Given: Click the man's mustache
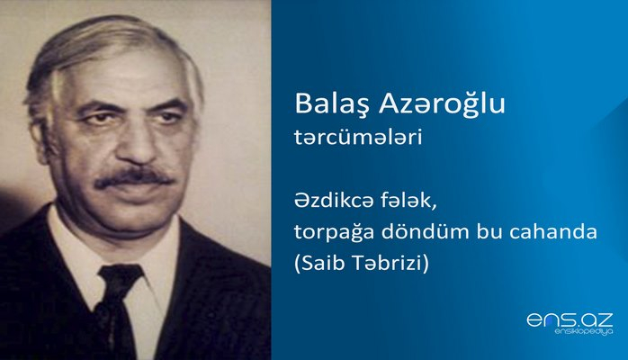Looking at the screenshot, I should [133, 175].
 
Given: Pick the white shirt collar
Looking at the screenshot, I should [85, 256].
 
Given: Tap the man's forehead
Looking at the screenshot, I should [126, 76].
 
